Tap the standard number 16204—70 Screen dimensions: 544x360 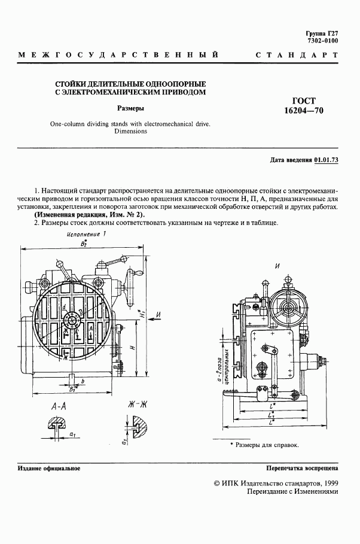(304, 111)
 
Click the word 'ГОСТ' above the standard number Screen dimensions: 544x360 (304, 101)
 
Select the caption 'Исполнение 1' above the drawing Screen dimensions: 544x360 (86, 235)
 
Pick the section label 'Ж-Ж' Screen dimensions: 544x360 (138, 405)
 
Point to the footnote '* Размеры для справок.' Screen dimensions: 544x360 (264, 445)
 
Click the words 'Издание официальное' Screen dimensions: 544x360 (49, 469)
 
